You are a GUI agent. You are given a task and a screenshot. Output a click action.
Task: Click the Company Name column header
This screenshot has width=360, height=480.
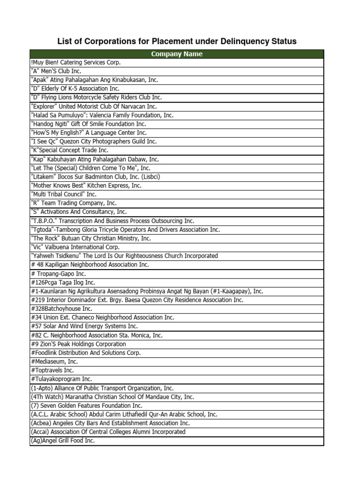(177, 54)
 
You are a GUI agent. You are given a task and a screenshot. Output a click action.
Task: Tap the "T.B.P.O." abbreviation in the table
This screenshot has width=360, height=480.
(44, 221)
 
